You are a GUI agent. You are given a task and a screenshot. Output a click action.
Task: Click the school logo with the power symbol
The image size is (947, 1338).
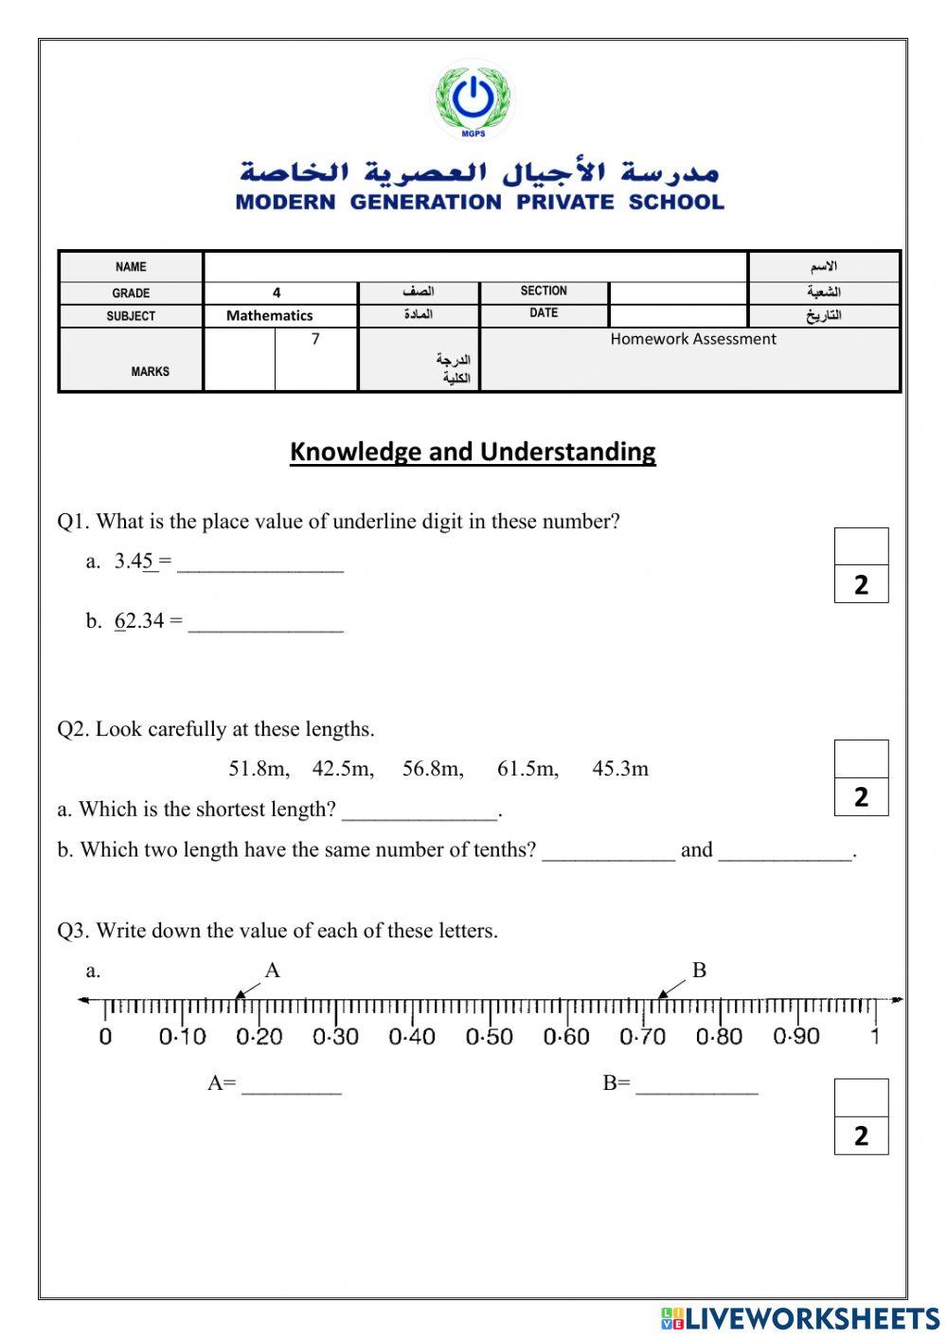click(x=473, y=98)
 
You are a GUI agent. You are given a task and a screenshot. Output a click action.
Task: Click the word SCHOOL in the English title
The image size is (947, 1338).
click(x=675, y=202)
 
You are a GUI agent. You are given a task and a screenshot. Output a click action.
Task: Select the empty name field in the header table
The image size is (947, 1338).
click(x=475, y=267)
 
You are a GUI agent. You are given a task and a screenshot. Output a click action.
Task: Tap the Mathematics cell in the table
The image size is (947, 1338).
click(x=269, y=315)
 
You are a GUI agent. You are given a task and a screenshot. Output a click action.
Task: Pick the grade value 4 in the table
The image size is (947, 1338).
click(x=277, y=293)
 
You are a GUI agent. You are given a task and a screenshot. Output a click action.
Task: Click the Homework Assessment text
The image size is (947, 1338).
click(x=692, y=339)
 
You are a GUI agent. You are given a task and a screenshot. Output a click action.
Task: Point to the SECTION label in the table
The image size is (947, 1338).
click(x=544, y=291)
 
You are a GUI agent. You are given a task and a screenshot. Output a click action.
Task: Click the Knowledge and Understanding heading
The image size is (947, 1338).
click(x=473, y=452)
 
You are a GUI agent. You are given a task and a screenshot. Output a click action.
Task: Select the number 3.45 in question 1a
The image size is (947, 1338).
click(x=134, y=562)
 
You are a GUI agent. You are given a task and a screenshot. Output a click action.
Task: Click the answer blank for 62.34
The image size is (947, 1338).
click(x=265, y=625)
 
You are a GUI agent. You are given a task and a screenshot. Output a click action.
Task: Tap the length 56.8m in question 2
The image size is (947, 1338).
click(x=433, y=769)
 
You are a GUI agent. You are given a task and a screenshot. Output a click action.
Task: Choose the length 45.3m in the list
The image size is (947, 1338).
click(x=620, y=769)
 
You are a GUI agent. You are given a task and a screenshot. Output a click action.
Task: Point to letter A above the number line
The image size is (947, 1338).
click(x=273, y=971)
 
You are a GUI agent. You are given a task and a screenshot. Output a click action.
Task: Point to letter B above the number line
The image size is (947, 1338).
click(x=699, y=971)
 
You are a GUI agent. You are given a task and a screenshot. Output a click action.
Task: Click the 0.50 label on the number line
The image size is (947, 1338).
click(x=489, y=1037)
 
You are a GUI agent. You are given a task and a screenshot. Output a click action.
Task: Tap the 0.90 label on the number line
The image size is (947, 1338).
click(x=796, y=1037)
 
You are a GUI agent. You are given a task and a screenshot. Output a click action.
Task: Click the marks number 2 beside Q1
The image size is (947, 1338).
click(x=861, y=585)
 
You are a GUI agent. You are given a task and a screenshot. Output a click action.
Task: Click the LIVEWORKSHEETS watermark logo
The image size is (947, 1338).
click(x=800, y=1318)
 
